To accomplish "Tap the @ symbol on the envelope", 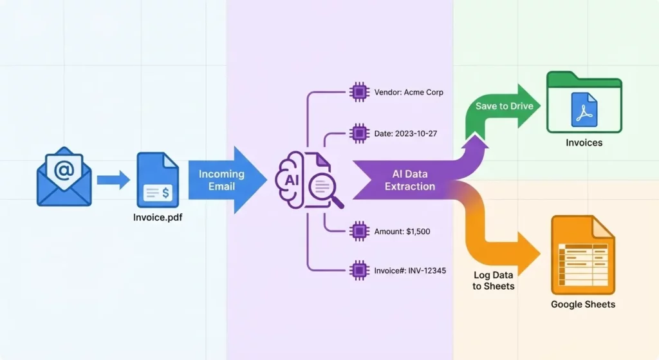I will [64, 171].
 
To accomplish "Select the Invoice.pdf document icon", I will [157, 180].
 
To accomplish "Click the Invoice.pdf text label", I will [157, 218].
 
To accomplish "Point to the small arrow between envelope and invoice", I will [113, 180].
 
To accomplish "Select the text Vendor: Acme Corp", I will [409, 92].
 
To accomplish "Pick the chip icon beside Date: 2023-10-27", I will [358, 133].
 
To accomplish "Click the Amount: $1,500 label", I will [402, 231].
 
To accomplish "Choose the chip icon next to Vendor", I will [358, 92].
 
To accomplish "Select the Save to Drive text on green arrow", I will [504, 106].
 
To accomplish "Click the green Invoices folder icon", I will [584, 104].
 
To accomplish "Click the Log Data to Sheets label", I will [494, 280].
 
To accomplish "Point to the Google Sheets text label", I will [583, 304].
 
